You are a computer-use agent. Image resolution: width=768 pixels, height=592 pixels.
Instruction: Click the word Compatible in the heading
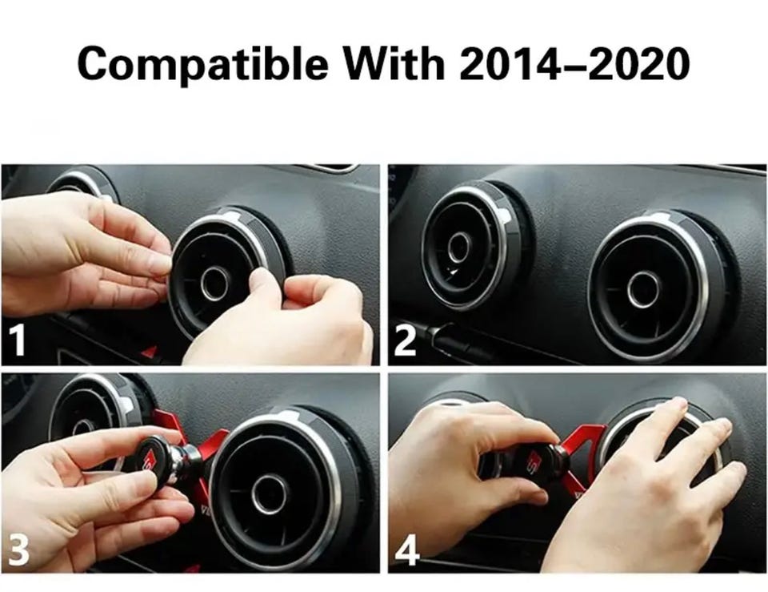tap(202, 64)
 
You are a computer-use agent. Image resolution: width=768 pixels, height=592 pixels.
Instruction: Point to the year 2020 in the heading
tap(638, 63)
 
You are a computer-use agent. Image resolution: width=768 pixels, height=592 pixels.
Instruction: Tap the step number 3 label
tap(18, 549)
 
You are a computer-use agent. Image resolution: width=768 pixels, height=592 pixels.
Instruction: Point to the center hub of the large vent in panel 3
tap(269, 493)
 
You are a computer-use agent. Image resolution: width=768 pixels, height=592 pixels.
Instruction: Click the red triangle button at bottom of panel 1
tap(150, 352)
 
